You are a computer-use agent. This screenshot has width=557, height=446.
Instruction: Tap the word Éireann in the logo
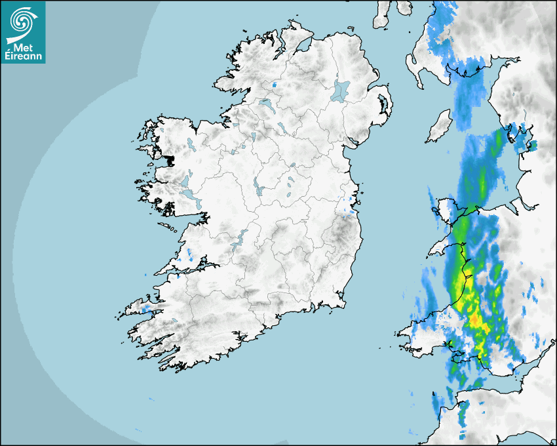(24, 56)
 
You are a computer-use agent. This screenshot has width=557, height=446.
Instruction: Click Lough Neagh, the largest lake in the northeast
(341, 91)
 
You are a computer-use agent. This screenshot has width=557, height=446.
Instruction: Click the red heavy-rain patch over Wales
(474, 319)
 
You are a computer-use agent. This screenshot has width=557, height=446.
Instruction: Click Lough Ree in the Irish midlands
(258, 188)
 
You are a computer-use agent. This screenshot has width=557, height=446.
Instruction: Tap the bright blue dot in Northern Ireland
(274, 85)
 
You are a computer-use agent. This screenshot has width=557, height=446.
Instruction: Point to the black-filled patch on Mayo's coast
(171, 159)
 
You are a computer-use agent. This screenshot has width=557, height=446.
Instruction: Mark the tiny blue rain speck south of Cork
(151, 399)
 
